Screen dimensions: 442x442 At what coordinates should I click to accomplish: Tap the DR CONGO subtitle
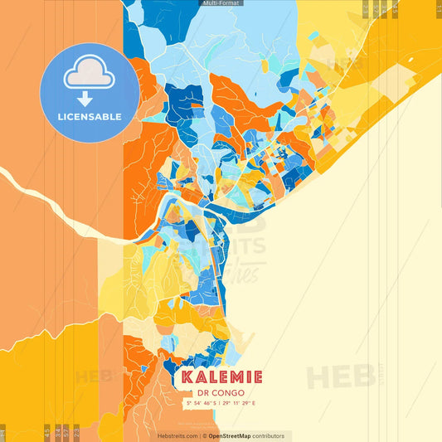(221, 393)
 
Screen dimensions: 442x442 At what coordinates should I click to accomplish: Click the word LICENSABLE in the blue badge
(90, 117)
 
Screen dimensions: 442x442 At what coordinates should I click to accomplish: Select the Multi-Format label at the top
(221, 4)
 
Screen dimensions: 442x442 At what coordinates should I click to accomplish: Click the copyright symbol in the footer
(204, 436)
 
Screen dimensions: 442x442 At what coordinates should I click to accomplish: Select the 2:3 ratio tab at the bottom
(76, 432)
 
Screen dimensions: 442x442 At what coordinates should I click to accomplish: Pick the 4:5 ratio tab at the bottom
(46, 432)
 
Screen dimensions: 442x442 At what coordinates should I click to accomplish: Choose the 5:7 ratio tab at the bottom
(66, 432)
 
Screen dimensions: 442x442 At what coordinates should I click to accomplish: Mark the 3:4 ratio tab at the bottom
(56, 432)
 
